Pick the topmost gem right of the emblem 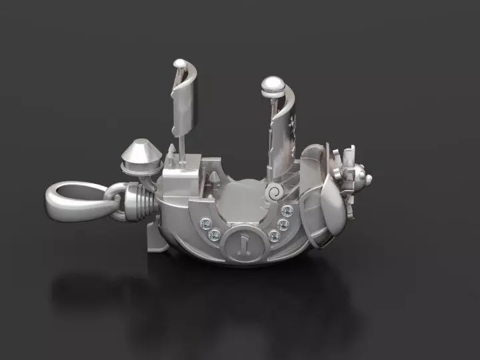[x=287, y=211]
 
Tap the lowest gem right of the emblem [x=273, y=235]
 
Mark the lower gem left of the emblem [x=215, y=235]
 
